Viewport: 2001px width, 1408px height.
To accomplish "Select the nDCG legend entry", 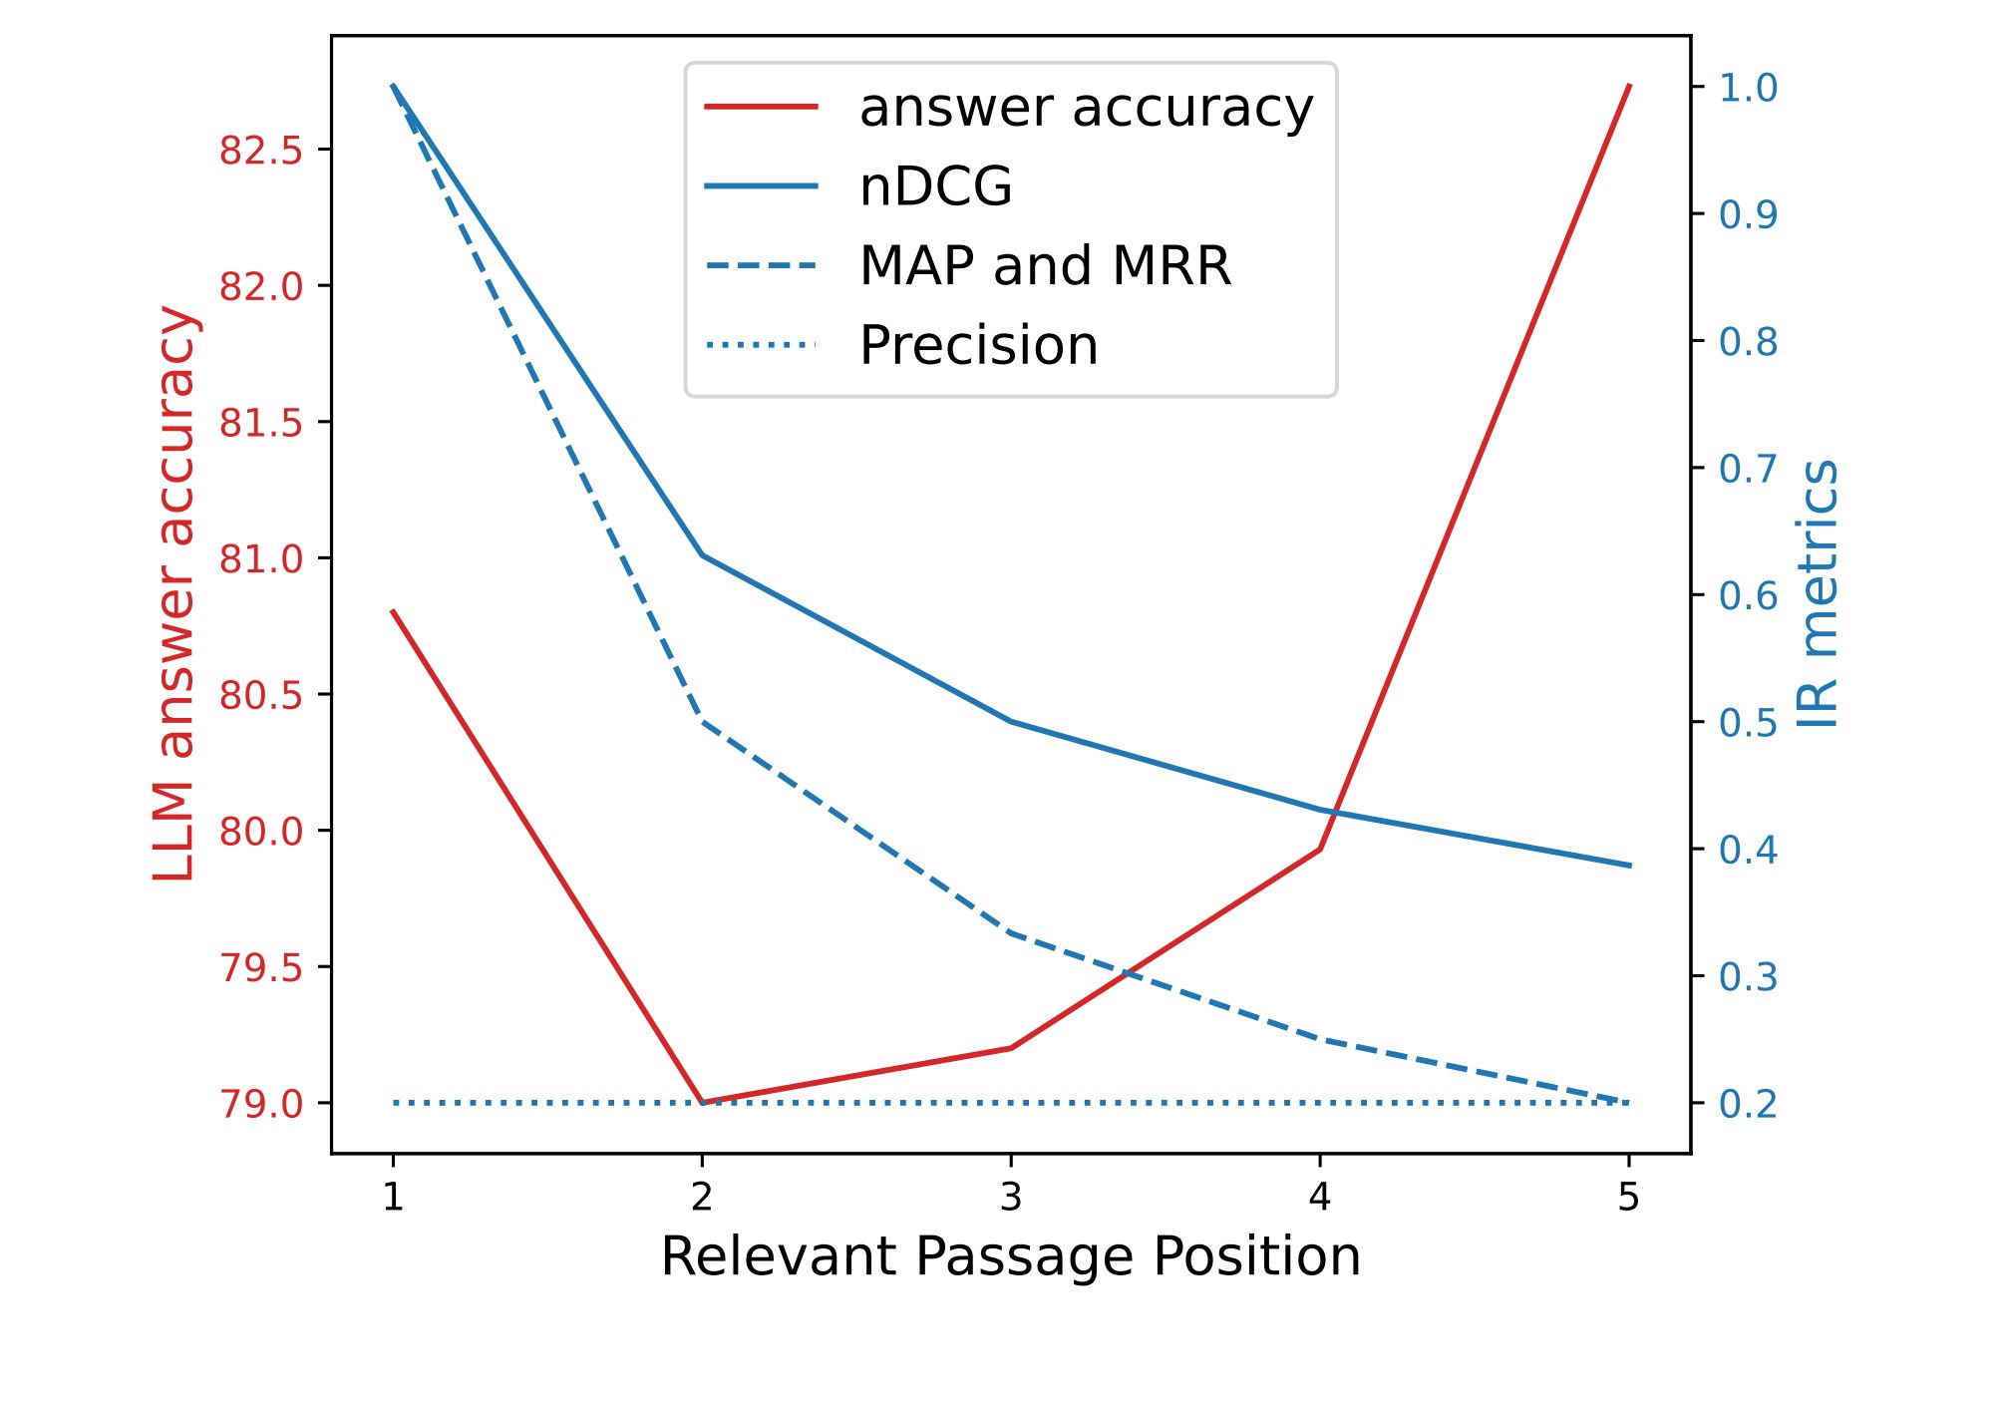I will point(935,186).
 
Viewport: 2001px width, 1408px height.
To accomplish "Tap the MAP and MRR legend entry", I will point(1044,266).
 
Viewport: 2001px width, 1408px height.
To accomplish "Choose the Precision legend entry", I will point(978,346).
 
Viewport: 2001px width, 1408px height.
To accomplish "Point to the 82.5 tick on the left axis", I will point(261,151).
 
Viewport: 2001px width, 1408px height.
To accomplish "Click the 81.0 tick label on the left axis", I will point(261,559).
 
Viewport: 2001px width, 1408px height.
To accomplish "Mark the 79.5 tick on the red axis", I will point(261,967).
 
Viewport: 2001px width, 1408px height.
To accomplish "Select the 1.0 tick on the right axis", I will point(1748,88).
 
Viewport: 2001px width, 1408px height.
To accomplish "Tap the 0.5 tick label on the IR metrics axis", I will point(1748,723).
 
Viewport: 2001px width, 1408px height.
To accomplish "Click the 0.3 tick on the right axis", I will point(1748,977).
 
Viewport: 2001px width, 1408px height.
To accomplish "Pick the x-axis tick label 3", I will point(1011,1197).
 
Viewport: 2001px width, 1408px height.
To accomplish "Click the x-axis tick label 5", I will point(1628,1197).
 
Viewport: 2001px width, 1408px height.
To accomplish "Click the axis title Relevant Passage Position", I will point(1010,1256).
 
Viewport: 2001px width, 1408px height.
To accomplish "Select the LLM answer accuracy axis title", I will point(174,594).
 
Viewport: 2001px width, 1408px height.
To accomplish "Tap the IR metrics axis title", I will point(1819,594).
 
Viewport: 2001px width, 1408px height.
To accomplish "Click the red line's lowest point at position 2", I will point(703,1102).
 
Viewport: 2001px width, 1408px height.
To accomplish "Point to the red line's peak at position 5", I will point(1629,86).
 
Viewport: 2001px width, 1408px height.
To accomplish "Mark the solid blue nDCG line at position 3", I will point(1011,721).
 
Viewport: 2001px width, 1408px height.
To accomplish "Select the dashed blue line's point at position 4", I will point(1320,1039).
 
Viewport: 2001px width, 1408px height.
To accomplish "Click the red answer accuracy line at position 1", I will point(393,610).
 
